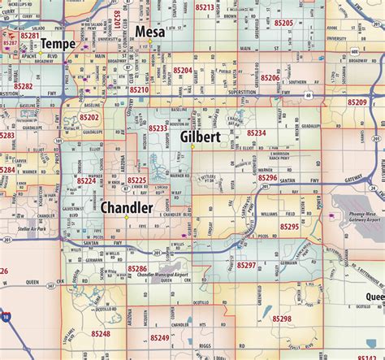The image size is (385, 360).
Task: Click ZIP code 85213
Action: click(205, 7)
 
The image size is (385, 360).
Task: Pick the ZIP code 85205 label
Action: click(283, 23)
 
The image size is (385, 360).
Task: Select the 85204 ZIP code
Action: click(181, 71)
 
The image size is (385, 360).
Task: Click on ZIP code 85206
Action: click(270, 78)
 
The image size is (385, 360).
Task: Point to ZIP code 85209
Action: click(357, 103)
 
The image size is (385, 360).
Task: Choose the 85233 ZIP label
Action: click(157, 128)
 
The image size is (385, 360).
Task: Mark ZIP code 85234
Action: click(255, 132)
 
